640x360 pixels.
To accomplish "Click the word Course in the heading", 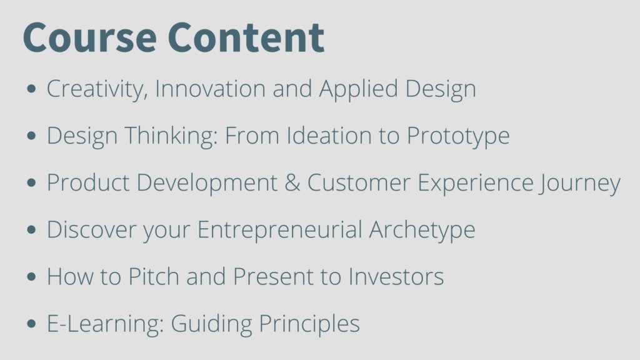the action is point(90,37).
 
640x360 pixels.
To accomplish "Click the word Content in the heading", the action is point(246,37).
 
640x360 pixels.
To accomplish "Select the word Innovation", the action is point(210,88).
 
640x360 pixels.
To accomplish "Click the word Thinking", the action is point(171,136).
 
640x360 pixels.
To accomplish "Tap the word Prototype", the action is point(458,136).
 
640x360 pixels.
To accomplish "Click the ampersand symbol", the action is point(292,182).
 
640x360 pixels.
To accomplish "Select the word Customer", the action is point(359,182).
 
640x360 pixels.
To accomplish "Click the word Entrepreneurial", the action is point(280,230).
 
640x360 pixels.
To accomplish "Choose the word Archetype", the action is point(422,230).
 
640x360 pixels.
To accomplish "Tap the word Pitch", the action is point(154,276).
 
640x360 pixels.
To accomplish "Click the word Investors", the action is point(396,276).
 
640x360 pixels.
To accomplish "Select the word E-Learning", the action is point(105,324).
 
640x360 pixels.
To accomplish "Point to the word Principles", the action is point(309,324).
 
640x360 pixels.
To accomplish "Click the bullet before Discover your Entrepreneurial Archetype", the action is point(31,229).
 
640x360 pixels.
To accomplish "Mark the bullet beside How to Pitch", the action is point(31,276).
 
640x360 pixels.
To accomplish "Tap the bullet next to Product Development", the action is point(31,182).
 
